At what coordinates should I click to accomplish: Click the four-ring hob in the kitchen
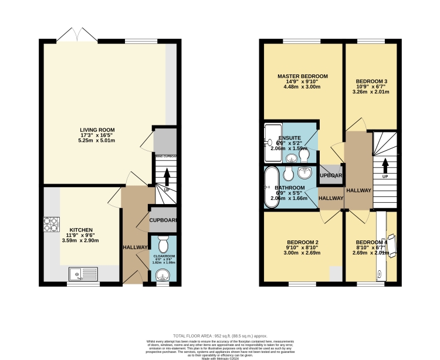point(49,224)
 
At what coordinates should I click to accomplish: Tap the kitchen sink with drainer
point(82,273)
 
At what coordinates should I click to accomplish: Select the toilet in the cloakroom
point(164,243)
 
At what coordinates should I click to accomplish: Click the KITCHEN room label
point(81,230)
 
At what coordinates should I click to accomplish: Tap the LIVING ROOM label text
point(97,130)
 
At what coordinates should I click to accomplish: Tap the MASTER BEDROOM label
point(303,76)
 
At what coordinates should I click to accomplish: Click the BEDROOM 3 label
point(372,81)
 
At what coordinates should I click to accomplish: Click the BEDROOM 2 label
point(303,242)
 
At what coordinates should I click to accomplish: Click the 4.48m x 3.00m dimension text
point(303,87)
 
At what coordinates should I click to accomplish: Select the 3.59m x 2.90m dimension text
point(81,240)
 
